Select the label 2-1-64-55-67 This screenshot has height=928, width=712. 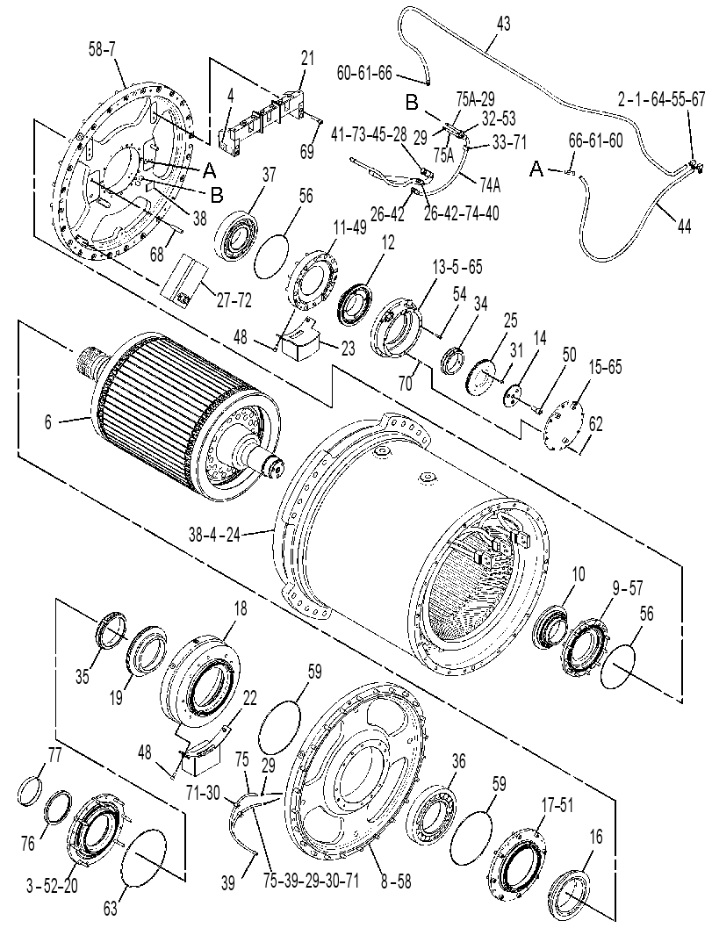coord(661,99)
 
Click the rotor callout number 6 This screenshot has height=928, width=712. coord(48,421)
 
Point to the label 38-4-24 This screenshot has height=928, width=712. coord(215,535)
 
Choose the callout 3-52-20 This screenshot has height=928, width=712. coord(53,886)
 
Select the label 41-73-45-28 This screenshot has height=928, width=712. coord(369,134)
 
